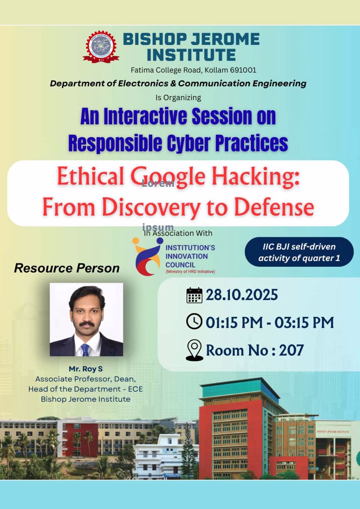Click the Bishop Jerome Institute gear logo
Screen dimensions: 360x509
tap(101, 47)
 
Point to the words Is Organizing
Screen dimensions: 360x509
tap(178, 98)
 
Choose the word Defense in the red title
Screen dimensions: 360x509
tap(274, 207)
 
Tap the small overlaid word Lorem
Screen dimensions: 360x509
tap(158, 183)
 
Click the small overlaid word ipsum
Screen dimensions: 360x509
tap(158, 227)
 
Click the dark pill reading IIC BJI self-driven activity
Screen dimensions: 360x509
tap(299, 252)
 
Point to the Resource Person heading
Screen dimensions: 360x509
tap(67, 268)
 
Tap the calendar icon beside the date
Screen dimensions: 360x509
tap(194, 295)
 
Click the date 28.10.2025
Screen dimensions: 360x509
tap(242, 295)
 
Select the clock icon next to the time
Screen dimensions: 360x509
tap(194, 321)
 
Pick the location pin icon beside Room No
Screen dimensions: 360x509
tap(194, 350)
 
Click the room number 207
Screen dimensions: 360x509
tap(291, 350)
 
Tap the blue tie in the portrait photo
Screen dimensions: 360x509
tap(85, 350)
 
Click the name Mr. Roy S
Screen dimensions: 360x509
tap(86, 369)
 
